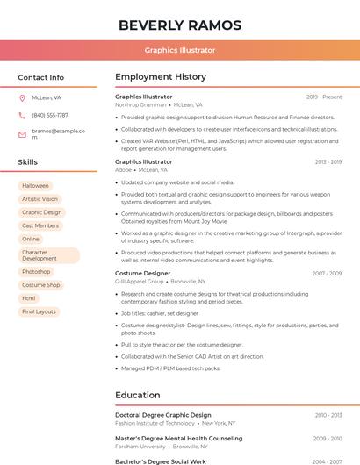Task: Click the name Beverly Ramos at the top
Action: point(179,25)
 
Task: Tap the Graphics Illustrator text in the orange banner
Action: point(180,51)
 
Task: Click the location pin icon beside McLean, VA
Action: point(22,98)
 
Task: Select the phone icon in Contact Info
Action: point(22,115)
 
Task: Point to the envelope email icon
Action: point(22,134)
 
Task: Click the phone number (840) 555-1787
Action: point(50,115)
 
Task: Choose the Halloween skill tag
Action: point(35,186)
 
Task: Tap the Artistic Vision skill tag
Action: point(40,199)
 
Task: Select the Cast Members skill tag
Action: point(40,225)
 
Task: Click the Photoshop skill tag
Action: point(36,272)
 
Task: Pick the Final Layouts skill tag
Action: point(39,311)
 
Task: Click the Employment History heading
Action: point(161,77)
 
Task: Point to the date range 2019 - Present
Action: point(324,97)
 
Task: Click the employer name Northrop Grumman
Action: point(140,104)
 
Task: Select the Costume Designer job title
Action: point(143,274)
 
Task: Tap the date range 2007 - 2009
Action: point(327,274)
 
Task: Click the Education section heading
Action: point(138,395)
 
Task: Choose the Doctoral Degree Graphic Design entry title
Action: point(163,415)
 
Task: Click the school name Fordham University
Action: point(140,446)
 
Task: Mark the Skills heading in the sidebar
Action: point(28,162)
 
